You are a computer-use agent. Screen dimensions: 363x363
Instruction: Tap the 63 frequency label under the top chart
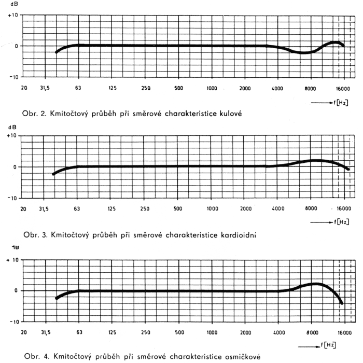[x=78, y=88]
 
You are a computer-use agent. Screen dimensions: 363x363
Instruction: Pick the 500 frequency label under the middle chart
[x=178, y=208]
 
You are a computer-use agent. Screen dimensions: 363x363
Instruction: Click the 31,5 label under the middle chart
[x=47, y=208]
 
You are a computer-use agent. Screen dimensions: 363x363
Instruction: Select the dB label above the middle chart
[x=10, y=128]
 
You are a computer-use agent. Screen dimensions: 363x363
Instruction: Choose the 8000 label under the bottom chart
[x=312, y=331]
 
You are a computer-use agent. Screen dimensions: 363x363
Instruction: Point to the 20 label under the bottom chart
[x=24, y=331]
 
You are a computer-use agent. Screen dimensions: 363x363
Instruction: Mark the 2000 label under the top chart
[x=245, y=88]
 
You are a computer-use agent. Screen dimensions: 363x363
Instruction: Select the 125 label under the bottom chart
[x=113, y=331]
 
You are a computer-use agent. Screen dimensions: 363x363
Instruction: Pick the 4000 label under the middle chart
[x=278, y=208]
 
